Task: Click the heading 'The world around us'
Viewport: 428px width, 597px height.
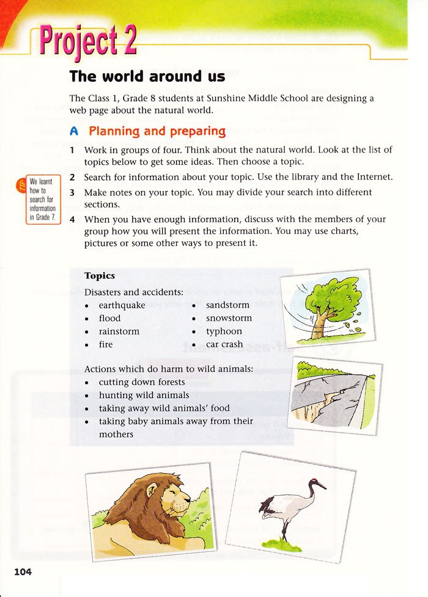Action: coord(147,76)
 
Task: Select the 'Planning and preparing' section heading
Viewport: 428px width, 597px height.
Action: coord(157,131)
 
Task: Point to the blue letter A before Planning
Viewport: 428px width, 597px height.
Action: coord(75,131)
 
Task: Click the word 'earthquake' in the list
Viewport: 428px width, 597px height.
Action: coord(122,305)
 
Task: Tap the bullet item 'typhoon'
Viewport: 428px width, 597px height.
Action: coord(224,331)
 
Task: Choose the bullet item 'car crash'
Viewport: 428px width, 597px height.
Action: coord(224,344)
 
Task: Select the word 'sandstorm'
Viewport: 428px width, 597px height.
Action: coord(227,305)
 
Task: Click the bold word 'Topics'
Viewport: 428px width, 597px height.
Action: coord(100,276)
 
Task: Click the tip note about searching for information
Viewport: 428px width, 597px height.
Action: coord(43,200)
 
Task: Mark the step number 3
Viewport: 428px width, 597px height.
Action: coord(72,192)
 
